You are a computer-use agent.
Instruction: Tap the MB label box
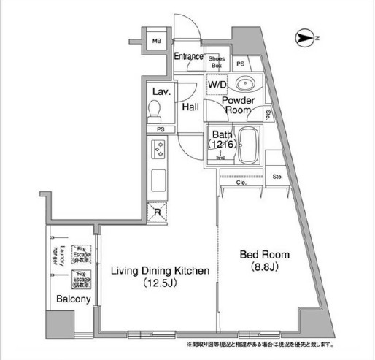155,42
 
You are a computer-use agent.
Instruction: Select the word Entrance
189,57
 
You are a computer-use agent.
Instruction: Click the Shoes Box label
217,61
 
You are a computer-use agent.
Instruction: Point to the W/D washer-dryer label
217,83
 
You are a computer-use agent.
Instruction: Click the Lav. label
161,91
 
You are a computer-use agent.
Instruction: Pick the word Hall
191,107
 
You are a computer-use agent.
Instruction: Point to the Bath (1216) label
222,139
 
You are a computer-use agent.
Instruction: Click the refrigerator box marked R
158,212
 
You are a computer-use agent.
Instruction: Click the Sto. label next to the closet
277,177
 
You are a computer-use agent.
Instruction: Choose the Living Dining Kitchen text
160,270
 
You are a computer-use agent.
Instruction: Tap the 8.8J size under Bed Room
266,267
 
